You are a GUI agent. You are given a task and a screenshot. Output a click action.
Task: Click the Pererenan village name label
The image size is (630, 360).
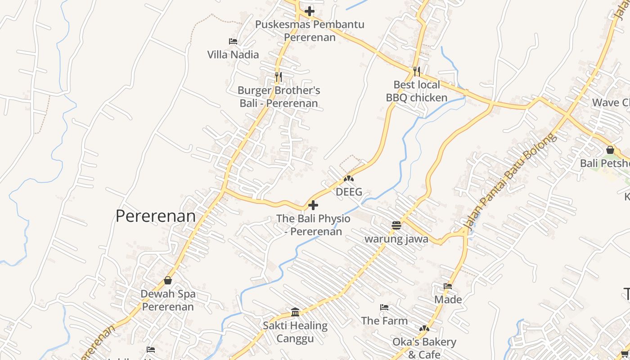(156, 216)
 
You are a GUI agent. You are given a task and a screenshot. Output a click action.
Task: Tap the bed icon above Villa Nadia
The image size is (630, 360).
(233, 41)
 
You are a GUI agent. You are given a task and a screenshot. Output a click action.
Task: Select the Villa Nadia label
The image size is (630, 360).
(233, 54)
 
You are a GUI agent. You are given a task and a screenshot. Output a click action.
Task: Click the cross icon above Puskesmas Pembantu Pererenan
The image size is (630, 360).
(310, 11)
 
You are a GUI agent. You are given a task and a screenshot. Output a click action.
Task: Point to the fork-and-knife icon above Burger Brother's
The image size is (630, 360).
(279, 77)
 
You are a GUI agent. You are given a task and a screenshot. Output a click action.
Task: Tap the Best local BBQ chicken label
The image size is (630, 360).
(417, 91)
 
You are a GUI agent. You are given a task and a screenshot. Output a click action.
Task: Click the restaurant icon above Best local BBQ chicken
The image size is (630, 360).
(417, 71)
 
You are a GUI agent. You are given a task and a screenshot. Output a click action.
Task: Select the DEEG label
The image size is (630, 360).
(349, 192)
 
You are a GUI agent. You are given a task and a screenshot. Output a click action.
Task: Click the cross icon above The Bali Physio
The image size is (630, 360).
(313, 206)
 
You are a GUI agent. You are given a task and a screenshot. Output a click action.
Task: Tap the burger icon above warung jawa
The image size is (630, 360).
(396, 225)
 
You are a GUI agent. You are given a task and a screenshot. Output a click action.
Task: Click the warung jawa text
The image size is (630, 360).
(396, 239)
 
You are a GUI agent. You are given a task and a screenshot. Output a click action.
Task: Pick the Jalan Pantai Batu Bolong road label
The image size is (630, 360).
(510, 183)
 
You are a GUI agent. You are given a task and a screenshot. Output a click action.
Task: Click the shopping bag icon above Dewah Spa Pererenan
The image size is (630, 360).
(168, 280)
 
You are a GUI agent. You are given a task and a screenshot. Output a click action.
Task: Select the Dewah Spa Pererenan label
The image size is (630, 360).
(168, 300)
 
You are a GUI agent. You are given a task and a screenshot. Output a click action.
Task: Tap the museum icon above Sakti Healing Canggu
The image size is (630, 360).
(295, 311)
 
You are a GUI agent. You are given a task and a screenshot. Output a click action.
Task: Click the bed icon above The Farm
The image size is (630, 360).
(384, 307)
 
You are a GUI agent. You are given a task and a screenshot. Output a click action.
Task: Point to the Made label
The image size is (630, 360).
(448, 299)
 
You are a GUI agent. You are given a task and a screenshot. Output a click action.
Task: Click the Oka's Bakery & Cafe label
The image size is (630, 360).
(424, 348)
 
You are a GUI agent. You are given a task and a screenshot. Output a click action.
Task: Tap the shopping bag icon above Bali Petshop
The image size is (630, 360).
(610, 149)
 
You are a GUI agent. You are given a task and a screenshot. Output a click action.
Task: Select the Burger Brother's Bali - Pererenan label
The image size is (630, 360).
(279, 97)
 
